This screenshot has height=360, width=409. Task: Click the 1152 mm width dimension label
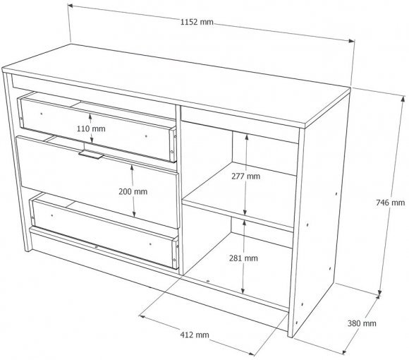(197, 22)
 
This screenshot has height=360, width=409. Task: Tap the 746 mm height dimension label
(390, 203)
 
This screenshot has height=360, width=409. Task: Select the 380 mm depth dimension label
(362, 323)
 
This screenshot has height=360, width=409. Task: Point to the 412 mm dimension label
(195, 335)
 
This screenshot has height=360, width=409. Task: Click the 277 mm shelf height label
(245, 176)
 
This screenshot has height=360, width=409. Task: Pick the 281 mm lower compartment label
(243, 258)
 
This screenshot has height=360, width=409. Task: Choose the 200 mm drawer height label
(133, 191)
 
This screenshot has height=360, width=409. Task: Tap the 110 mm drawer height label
(91, 128)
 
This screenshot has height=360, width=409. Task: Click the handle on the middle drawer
(91, 155)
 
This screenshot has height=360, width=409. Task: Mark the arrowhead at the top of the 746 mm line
(403, 99)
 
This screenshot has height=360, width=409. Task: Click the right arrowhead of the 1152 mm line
(352, 40)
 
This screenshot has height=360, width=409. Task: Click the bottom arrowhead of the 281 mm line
(243, 291)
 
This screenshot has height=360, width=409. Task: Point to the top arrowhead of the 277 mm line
(247, 136)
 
